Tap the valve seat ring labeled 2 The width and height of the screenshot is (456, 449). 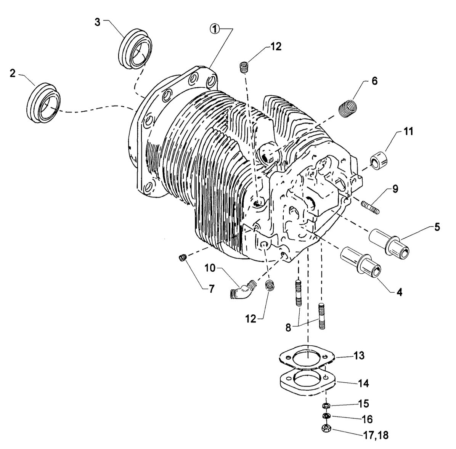[43, 103]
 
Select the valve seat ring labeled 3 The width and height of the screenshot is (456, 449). [136, 49]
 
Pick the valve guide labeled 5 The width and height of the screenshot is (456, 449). [389, 244]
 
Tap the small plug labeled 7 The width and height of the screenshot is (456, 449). [183, 258]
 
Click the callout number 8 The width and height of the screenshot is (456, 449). [288, 328]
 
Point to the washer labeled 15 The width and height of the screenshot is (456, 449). [326, 405]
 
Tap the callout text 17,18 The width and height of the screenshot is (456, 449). [376, 435]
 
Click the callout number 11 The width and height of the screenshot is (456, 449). [408, 131]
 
